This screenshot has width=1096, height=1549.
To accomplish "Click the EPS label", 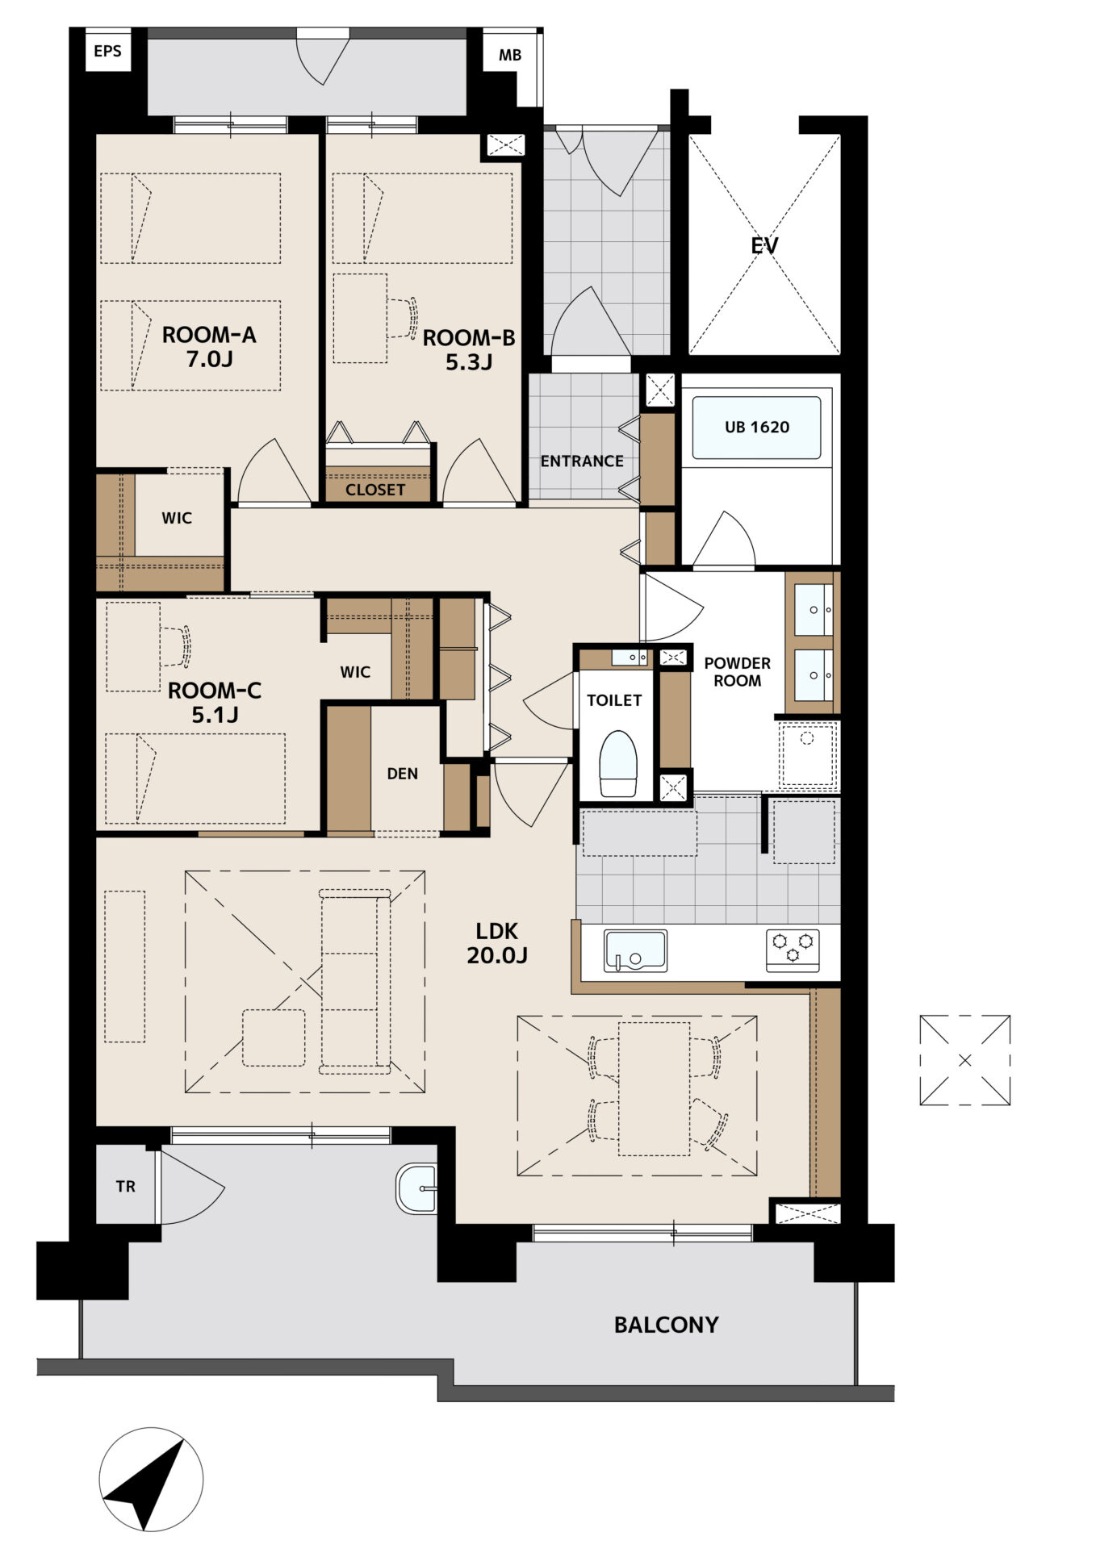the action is click(x=107, y=51).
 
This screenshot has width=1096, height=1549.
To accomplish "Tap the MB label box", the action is click(x=510, y=56).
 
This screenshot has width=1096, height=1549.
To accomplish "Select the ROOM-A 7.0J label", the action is click(x=209, y=347).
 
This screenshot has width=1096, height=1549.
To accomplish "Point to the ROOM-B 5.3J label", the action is click(x=469, y=349).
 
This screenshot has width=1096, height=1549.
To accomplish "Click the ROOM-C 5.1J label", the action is click(x=215, y=702).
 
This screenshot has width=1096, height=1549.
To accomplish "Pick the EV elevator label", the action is click(x=764, y=245).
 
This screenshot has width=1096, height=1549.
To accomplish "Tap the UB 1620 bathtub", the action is click(x=756, y=428).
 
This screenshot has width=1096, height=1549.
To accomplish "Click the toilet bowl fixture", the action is click(x=618, y=764).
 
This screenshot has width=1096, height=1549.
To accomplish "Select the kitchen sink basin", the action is click(x=636, y=951).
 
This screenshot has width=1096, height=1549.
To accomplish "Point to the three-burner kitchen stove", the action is click(x=793, y=950).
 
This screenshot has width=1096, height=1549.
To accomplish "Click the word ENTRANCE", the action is click(x=582, y=461).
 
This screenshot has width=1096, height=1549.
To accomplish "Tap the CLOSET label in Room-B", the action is click(x=375, y=490).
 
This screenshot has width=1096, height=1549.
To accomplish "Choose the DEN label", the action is click(x=403, y=774).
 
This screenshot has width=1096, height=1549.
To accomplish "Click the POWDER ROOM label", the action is click(x=738, y=672).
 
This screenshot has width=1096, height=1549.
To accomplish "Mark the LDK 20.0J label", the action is click(x=497, y=943).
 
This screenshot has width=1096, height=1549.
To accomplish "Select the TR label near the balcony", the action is click(x=126, y=1187).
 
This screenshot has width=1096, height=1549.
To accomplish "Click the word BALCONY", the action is click(x=666, y=1325).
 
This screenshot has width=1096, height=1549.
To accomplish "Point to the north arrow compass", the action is click(x=151, y=1480).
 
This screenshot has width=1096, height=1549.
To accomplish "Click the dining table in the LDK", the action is click(x=655, y=1089).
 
